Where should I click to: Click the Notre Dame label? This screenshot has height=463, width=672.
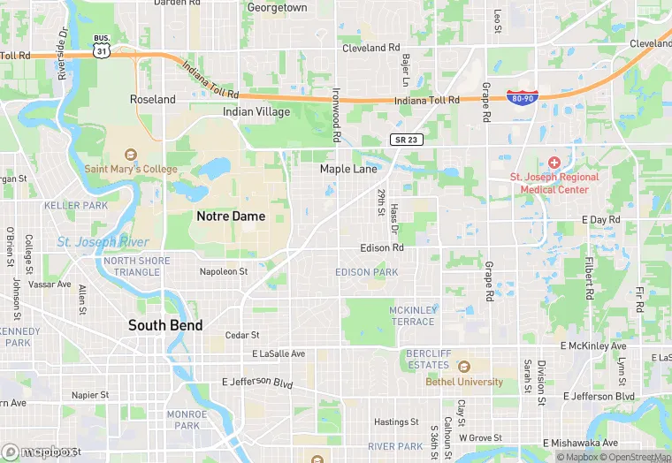click(x=230, y=216)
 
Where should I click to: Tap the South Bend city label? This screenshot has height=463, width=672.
click(x=165, y=325)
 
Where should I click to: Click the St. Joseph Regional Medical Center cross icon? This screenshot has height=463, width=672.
click(x=554, y=163)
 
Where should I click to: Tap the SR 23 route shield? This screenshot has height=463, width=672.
click(x=402, y=140)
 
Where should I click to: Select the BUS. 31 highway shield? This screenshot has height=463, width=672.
click(x=103, y=48)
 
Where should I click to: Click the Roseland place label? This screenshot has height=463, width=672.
click(x=153, y=100)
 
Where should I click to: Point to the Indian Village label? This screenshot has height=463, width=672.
click(x=256, y=112)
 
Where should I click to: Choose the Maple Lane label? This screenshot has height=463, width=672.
click(x=348, y=169)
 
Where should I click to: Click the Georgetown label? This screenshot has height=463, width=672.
click(x=278, y=8)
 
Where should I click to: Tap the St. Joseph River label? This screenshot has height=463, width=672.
click(x=103, y=242)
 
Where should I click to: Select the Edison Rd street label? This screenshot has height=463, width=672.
click(x=382, y=247)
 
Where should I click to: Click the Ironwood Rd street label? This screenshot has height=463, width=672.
click(x=336, y=116)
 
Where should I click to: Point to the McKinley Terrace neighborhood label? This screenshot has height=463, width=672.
click(x=412, y=315)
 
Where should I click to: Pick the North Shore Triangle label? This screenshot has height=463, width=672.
click(x=132, y=266)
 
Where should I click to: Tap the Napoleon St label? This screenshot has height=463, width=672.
click(x=224, y=271)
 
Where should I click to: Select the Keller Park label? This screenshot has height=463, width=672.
click(x=76, y=206)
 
